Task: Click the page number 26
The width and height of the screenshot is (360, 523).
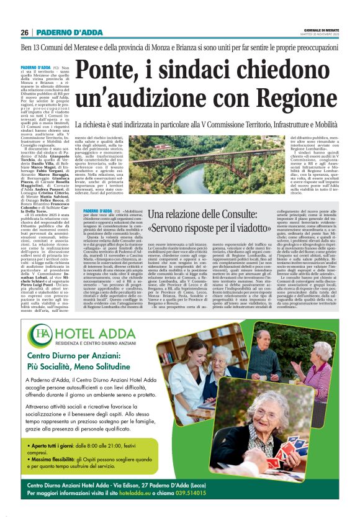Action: point(25,32)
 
